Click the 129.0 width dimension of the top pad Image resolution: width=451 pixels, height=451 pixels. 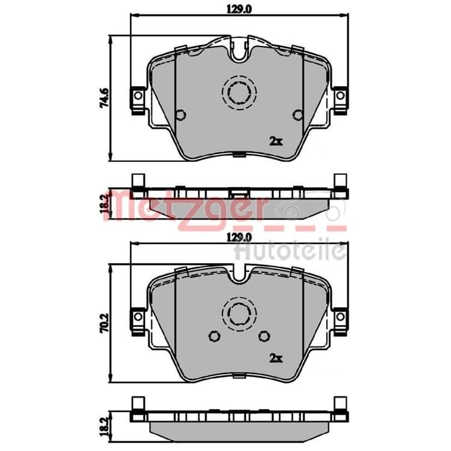(x=239, y=10)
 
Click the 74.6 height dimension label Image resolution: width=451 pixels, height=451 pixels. (x=104, y=98)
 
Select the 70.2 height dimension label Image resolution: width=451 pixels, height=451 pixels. (x=104, y=324)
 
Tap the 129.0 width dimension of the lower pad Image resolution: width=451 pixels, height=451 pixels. (x=239, y=238)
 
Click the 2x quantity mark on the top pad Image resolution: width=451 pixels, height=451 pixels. (x=276, y=141)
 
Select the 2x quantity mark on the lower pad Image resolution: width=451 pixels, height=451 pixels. (x=276, y=358)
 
